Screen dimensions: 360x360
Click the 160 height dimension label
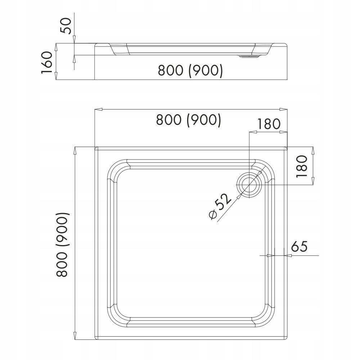pyautogui.click(x=47, y=62)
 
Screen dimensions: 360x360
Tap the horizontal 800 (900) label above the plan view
pyautogui.click(x=188, y=120)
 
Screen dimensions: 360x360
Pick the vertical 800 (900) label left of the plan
pyautogui.click(x=62, y=244)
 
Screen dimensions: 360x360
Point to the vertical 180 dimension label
pyautogui.click(x=302, y=166)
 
